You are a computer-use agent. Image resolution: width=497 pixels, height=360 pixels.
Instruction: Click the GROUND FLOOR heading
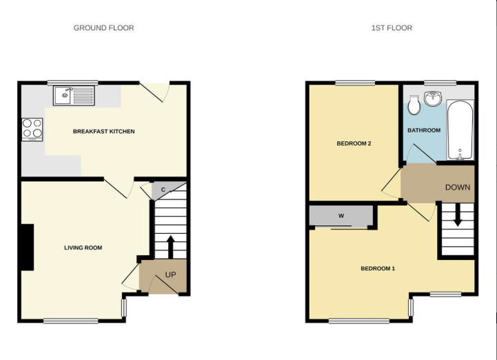coord(103,28)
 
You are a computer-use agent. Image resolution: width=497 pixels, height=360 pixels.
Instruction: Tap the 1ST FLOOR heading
coord(392,28)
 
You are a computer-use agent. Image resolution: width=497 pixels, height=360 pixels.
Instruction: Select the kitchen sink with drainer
coord(74,95)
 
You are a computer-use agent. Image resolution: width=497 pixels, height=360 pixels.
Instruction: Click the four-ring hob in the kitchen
coord(32,130)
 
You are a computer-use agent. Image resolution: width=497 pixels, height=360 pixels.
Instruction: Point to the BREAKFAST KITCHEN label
coord(103,131)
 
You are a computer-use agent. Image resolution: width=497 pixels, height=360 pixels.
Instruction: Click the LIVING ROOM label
coord(83,248)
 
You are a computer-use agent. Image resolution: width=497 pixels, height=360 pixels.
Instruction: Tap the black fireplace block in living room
coord(28,248)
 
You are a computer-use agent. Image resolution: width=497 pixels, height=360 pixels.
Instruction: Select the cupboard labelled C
coord(163,190)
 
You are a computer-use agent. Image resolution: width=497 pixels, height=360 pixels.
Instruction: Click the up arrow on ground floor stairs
coord(170,247)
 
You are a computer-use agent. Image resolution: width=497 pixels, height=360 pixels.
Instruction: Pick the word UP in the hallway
coord(170,274)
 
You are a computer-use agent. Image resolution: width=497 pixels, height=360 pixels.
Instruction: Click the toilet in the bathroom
coord(414,105)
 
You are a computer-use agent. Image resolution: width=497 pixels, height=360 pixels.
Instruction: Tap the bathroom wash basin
coord(433,99)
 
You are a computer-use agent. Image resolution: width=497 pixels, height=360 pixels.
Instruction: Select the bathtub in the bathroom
coord(460,130)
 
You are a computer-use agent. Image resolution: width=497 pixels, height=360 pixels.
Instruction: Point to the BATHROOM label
coord(424,130)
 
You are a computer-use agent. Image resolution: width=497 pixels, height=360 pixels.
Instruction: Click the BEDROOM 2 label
coord(354,143)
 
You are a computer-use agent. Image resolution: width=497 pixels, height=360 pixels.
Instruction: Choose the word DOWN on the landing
coord(458,188)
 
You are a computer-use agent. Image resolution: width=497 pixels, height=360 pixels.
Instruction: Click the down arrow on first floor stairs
coord(458,214)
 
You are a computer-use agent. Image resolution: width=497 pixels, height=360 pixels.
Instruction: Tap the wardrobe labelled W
coord(341,217)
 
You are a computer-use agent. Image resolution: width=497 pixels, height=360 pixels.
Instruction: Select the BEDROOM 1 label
coord(378,269)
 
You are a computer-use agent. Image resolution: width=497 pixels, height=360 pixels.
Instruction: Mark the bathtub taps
coord(460,155)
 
